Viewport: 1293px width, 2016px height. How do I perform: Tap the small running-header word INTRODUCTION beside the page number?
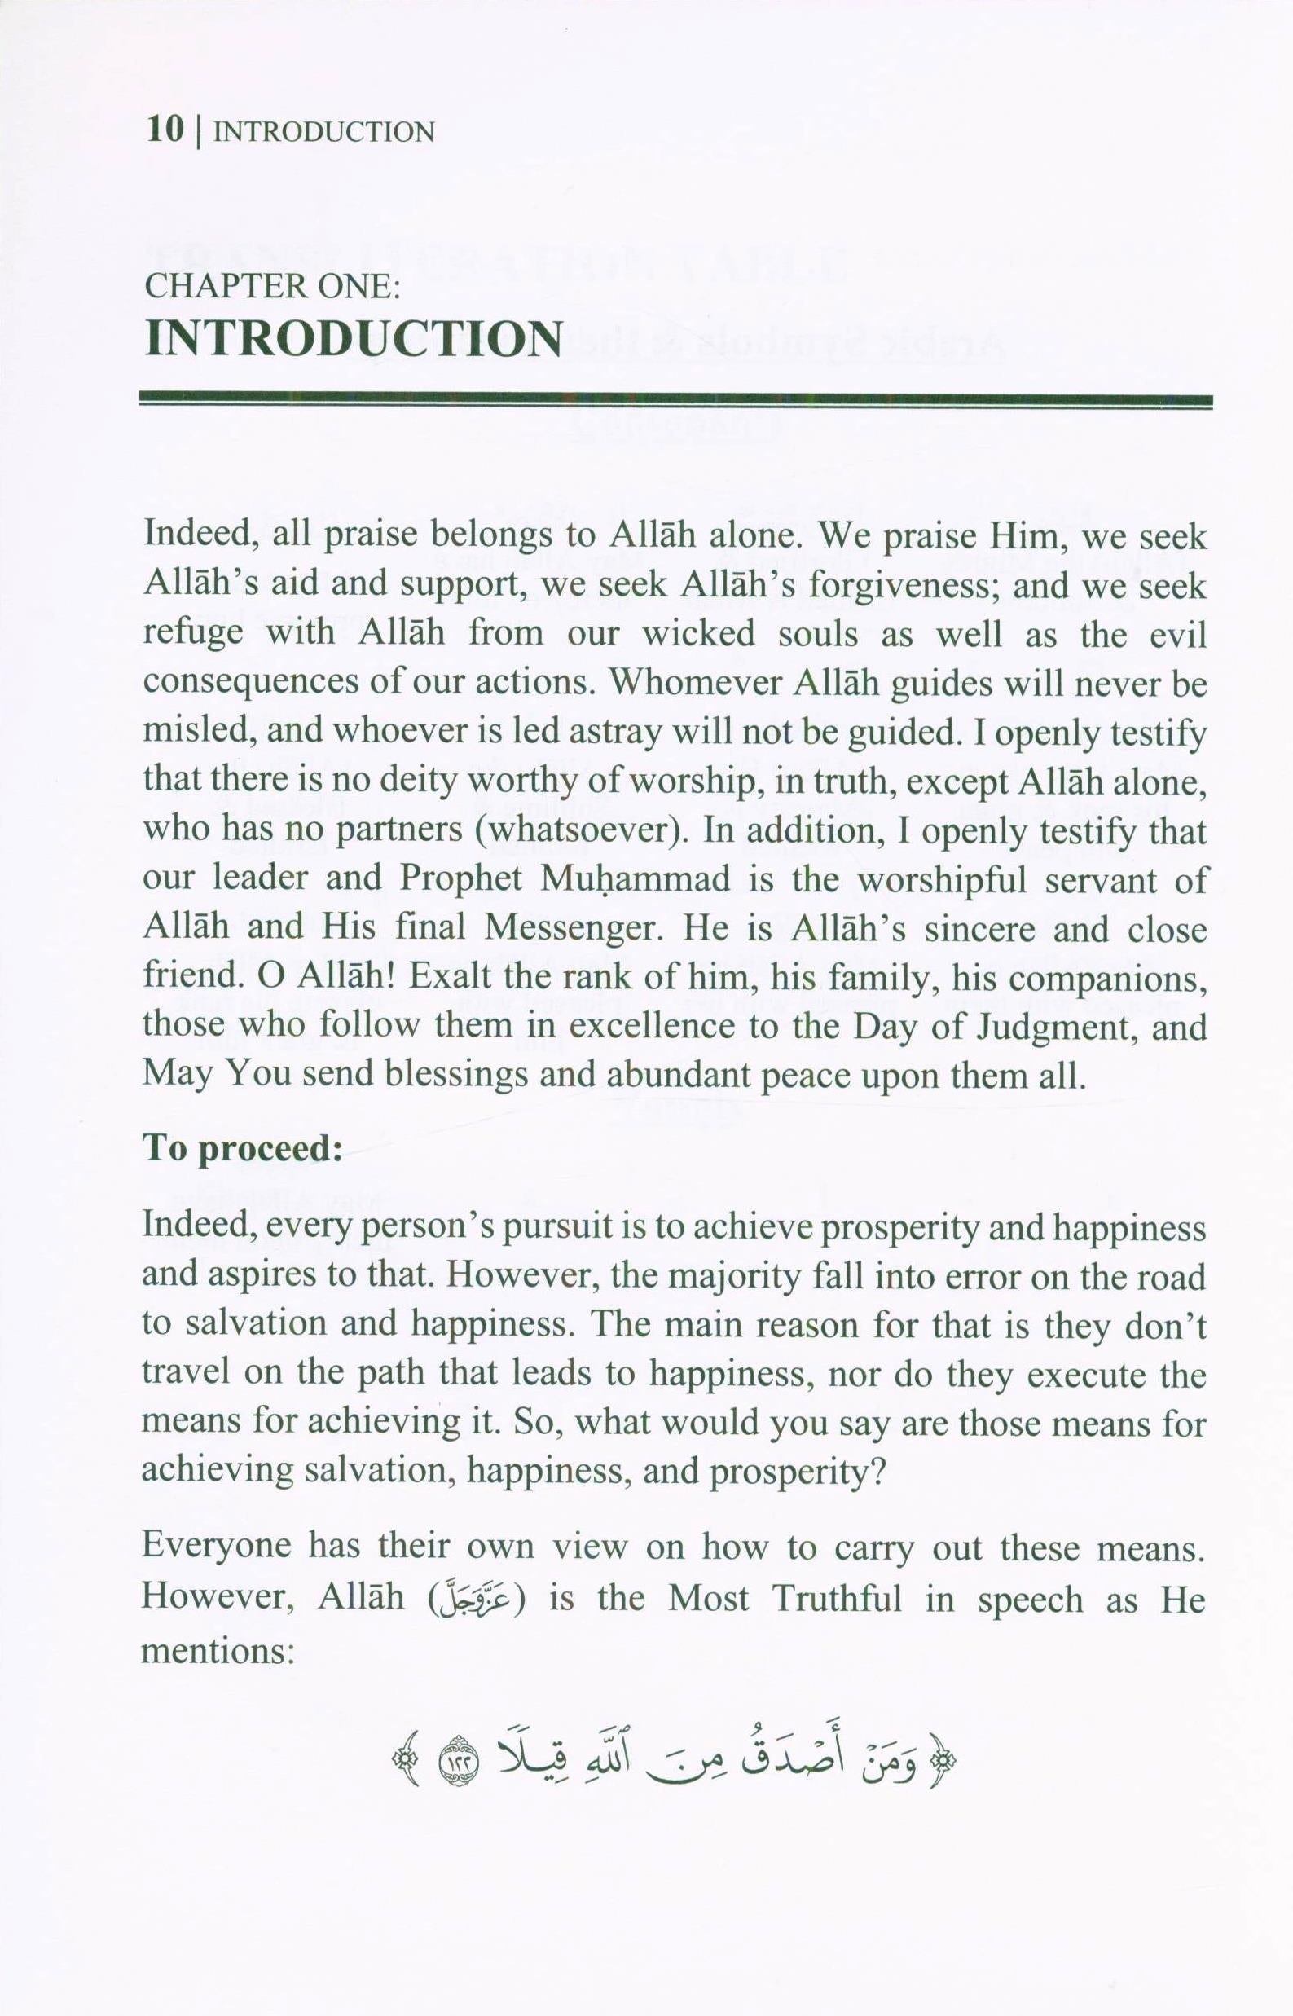click(324, 133)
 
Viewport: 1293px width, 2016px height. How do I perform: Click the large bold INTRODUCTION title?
click(354, 339)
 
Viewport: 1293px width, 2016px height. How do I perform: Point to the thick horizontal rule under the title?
click(676, 401)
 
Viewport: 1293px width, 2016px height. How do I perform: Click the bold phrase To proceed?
click(243, 1149)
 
